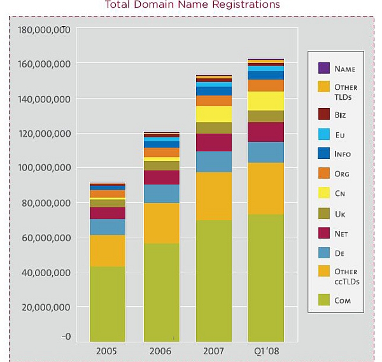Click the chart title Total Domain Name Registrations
click(x=192, y=5)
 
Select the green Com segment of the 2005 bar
click(x=108, y=303)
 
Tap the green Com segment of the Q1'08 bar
click(x=265, y=278)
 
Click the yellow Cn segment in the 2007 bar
click(x=213, y=114)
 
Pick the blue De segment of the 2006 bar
click(x=160, y=193)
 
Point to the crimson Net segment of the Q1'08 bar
click(x=265, y=132)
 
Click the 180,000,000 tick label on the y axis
click(x=44, y=30)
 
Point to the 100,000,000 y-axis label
click(x=44, y=168)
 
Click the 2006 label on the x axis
click(x=160, y=351)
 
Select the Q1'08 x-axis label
click(x=265, y=351)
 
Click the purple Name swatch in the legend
click(x=323, y=68)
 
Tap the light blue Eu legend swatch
click(x=323, y=134)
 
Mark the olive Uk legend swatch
click(x=323, y=214)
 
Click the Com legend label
click(x=343, y=300)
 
